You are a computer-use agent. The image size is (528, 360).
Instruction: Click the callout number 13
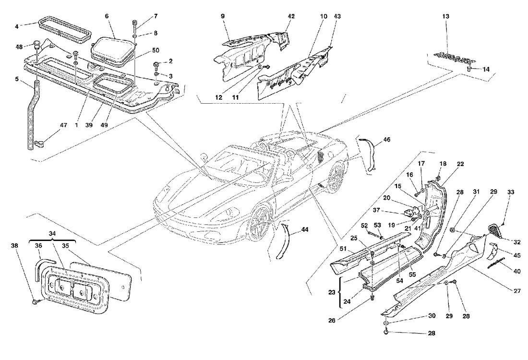click(x=446, y=16)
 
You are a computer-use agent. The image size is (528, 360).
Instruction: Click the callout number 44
click(x=305, y=229)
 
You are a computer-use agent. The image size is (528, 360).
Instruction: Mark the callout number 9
click(x=223, y=16)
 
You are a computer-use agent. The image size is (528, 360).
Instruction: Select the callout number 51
click(x=344, y=249)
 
